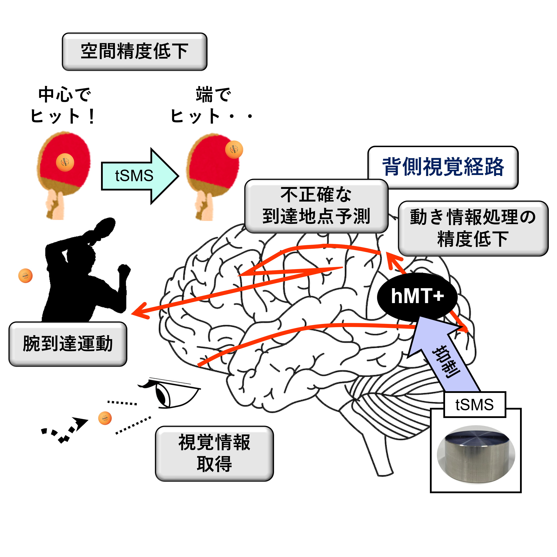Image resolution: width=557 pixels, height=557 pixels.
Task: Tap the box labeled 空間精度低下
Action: pyautogui.click(x=135, y=52)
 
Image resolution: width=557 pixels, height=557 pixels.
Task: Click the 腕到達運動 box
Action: pyautogui.click(x=68, y=344)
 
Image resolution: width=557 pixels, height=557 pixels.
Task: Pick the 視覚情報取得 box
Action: pyautogui.click(x=214, y=453)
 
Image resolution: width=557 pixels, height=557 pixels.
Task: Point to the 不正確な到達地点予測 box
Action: pyautogui.click(x=316, y=206)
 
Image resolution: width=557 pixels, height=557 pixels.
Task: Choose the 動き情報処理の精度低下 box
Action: pyautogui.click(x=473, y=228)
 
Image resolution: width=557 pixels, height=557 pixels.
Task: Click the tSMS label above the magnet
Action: pyautogui.click(x=475, y=405)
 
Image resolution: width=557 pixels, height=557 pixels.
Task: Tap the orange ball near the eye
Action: pyautogui.click(x=105, y=418)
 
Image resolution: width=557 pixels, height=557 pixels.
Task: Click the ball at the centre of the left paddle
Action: pyautogui.click(x=65, y=162)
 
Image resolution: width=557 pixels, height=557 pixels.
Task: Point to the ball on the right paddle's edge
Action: pyautogui.click(x=234, y=150)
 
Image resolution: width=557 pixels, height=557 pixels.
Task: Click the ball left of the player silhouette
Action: pyautogui.click(x=25, y=276)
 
